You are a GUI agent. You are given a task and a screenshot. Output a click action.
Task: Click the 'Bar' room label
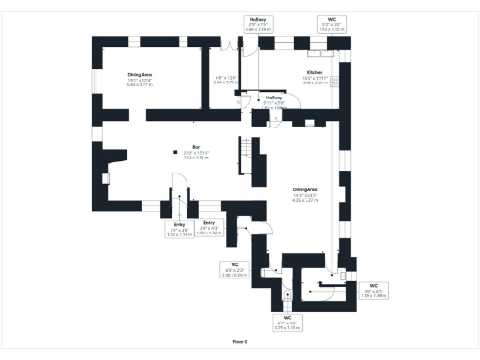coord(197,147)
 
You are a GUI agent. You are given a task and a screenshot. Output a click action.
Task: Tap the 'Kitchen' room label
coord(315,72)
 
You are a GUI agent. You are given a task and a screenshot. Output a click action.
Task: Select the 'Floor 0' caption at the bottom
coord(240,342)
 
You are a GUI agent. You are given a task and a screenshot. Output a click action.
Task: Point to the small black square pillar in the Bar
coord(173,153)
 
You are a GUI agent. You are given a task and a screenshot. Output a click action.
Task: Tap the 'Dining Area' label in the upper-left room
coord(141,75)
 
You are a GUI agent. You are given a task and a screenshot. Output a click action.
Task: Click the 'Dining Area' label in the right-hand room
coord(306,190)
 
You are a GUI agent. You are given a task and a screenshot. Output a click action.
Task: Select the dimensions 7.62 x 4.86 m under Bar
coord(197,157)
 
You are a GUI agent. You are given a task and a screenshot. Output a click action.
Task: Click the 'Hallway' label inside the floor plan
coord(274,97)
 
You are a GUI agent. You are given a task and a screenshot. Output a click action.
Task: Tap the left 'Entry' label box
coord(179,230)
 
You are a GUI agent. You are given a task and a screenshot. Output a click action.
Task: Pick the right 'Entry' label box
coord(209,226)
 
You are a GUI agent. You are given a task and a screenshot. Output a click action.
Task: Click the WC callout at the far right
coord(373,290)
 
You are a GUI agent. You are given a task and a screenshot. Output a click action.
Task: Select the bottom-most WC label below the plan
coord(288,322)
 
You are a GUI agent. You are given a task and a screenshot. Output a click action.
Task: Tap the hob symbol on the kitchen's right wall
coord(335,81)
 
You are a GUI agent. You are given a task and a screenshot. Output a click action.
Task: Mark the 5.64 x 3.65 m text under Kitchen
coord(315,82)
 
